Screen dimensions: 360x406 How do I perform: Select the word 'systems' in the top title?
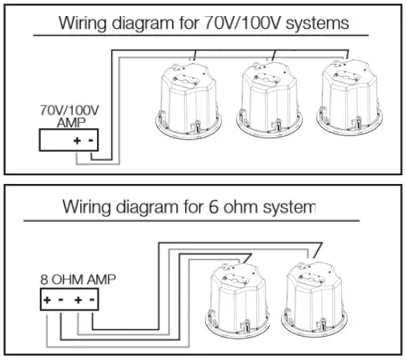[x=318, y=22]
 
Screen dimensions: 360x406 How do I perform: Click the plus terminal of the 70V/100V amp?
[x=78, y=140]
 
